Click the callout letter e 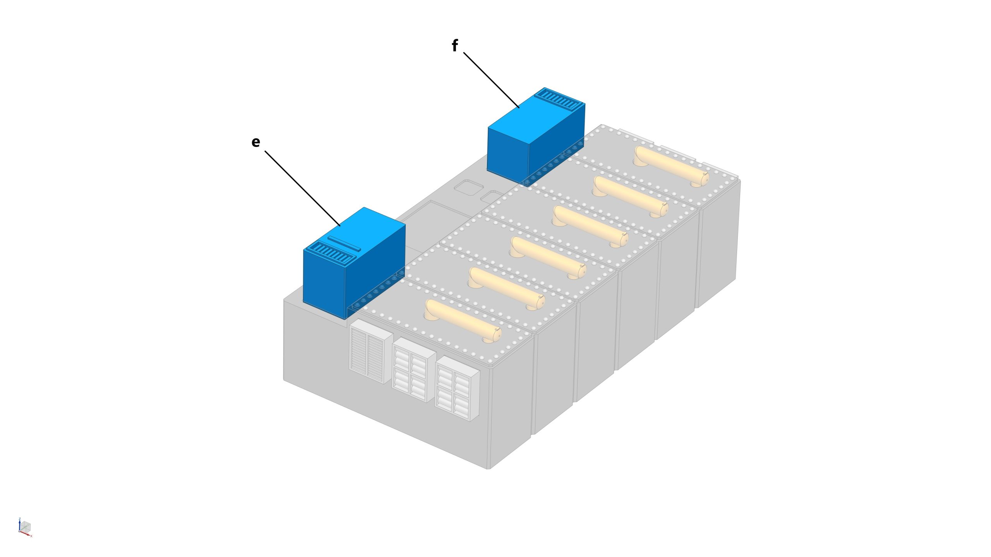pyautogui.click(x=255, y=142)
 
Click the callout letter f pyautogui.click(x=455, y=46)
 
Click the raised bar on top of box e pyautogui.click(x=344, y=243)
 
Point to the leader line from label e pyautogui.click(x=302, y=188)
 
